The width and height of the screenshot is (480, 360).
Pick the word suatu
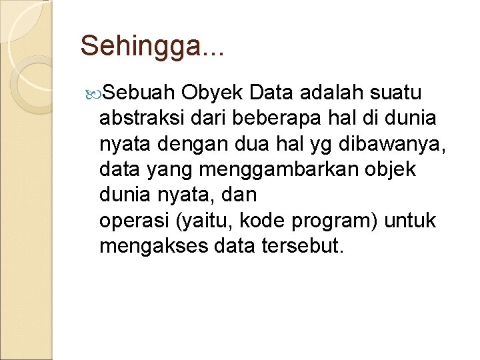pyautogui.click(x=403, y=93)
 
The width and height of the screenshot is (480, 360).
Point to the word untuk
pyautogui.click(x=410, y=221)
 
